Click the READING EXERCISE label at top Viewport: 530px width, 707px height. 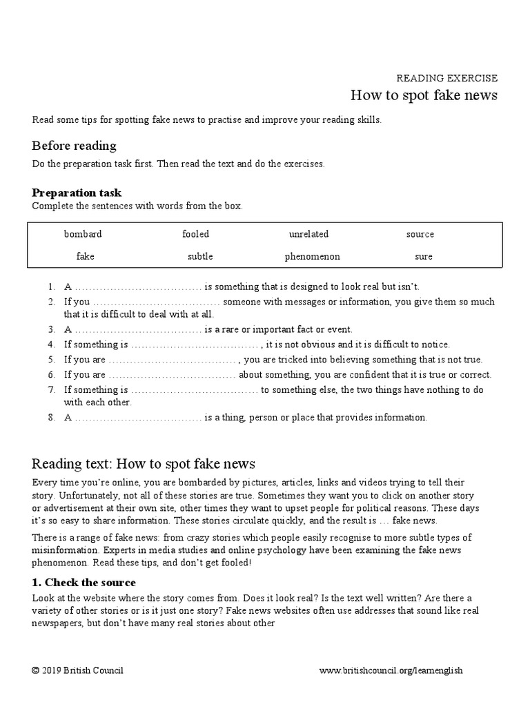pos(446,78)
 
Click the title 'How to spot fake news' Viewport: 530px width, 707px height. pos(424,95)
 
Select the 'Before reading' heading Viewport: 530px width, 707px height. pos(74,146)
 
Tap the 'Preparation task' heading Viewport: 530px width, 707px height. pos(77,193)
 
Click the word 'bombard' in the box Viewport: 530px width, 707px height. pos(83,234)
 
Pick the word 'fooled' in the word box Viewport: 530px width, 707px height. pos(195,234)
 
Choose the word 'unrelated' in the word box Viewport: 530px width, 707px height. pos(308,234)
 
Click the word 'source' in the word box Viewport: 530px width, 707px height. pos(420,234)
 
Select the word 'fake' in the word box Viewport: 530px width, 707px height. pos(86,256)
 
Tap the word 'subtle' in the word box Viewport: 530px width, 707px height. pos(200,256)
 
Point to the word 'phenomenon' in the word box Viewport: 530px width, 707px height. pos(312,256)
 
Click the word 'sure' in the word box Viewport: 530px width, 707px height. pos(424,256)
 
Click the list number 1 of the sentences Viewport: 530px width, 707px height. pos(51,287)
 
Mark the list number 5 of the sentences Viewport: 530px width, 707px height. pos(51,360)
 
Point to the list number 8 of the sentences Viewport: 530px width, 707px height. pos(51,417)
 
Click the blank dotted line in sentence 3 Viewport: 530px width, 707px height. pos(138,330)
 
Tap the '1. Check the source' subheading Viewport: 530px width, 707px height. pos(84,582)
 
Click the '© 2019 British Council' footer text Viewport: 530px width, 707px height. pos(78,670)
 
